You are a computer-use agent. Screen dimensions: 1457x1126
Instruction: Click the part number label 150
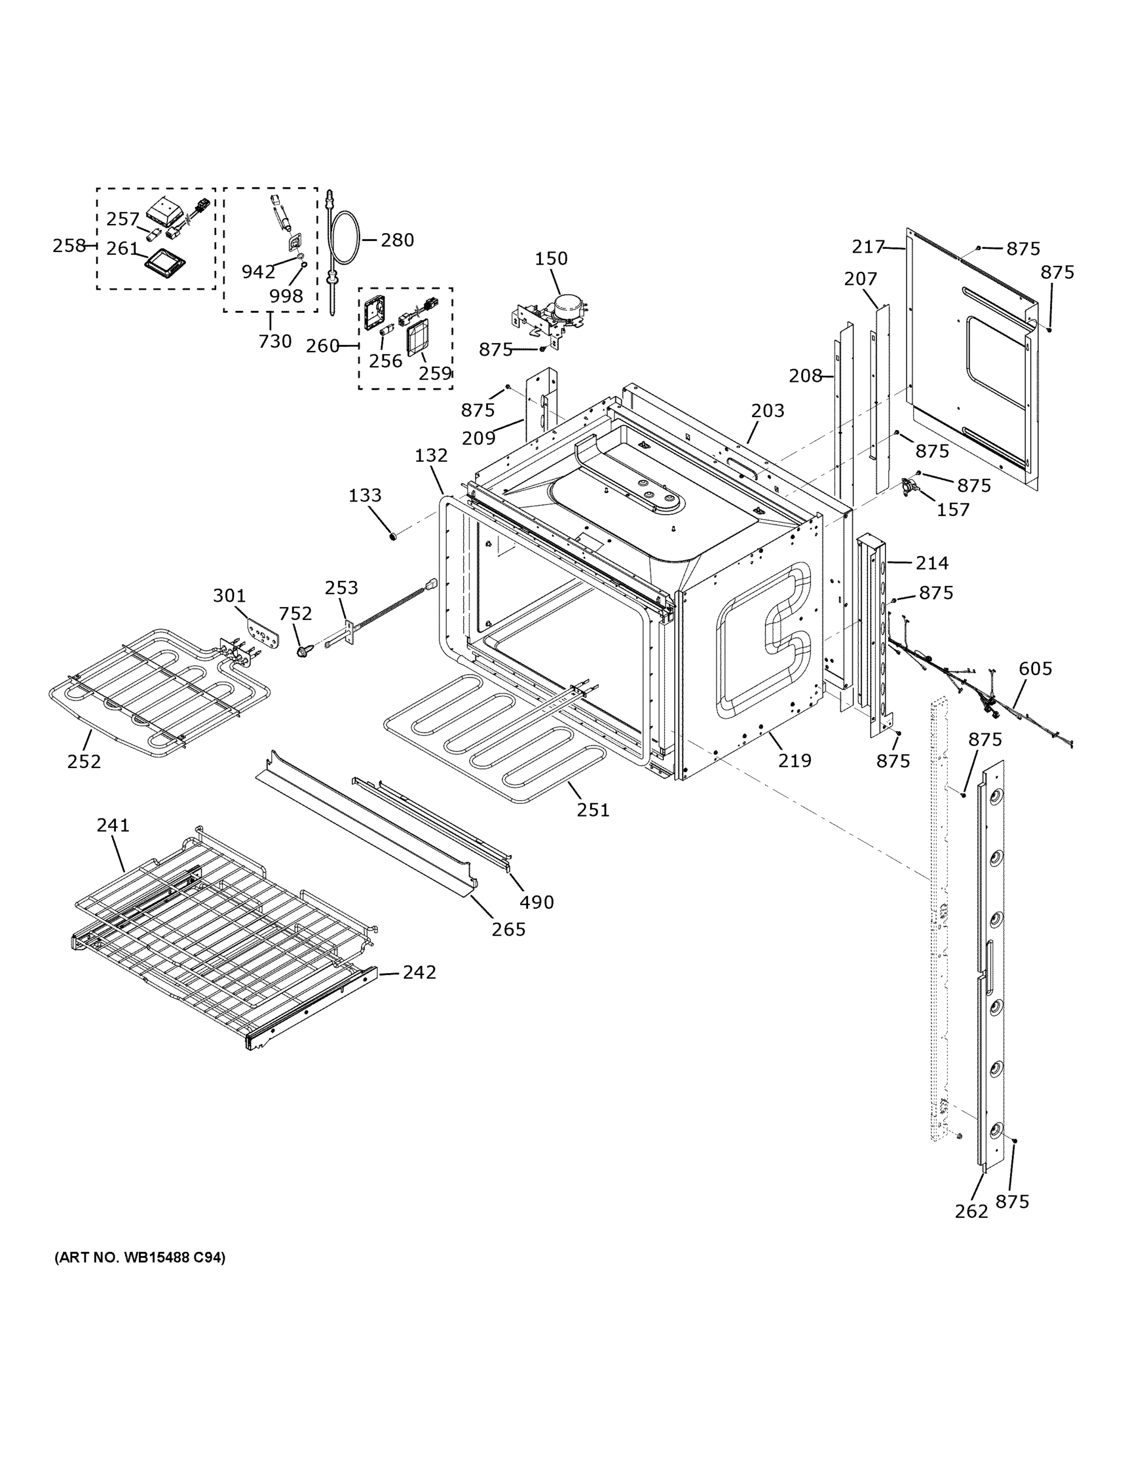551,258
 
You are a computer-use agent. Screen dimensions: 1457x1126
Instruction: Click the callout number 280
398,240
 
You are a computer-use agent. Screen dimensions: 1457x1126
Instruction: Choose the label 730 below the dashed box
275,341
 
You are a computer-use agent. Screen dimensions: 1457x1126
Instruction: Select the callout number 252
84,761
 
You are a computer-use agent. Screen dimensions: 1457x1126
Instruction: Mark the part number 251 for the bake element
593,810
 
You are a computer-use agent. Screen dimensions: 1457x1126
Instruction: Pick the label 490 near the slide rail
537,903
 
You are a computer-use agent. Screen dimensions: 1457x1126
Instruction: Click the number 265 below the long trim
508,929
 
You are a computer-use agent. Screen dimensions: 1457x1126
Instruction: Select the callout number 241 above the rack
113,825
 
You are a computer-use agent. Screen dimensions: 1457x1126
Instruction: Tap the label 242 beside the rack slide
419,973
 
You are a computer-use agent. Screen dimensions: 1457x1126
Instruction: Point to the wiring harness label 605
1036,668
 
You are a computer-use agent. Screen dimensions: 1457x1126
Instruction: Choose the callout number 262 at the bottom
971,1212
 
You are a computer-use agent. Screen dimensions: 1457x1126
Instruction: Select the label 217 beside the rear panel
868,247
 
